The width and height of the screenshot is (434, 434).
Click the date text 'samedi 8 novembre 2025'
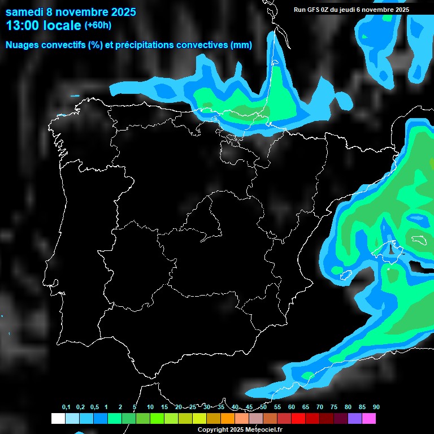click(x=71, y=12)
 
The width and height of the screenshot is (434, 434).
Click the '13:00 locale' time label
click(x=44, y=25)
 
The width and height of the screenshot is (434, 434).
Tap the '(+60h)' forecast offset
click(x=98, y=25)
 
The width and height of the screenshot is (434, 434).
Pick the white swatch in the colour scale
click(x=58, y=419)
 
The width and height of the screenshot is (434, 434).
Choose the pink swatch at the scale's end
click(x=369, y=419)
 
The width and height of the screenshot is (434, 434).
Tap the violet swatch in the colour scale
click(x=355, y=419)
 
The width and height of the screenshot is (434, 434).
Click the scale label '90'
click(x=376, y=407)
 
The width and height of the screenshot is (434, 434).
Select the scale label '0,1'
click(x=66, y=407)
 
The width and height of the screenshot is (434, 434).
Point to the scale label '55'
click(x=277, y=407)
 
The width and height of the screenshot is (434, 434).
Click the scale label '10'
click(x=150, y=407)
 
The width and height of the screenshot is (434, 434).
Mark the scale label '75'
click(x=334, y=407)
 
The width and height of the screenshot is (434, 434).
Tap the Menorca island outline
click(x=419, y=239)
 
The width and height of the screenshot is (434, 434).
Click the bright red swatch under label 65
click(x=298, y=419)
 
